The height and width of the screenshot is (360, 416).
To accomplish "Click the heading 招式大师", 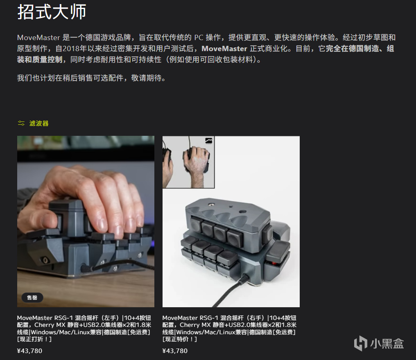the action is click(52, 12).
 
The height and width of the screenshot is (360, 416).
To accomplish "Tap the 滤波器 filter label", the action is click(39, 123).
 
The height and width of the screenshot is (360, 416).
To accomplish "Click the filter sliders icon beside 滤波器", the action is click(21, 123).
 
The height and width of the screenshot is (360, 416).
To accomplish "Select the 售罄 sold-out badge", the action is click(32, 298).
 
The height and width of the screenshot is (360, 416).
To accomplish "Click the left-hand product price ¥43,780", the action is click(29, 351).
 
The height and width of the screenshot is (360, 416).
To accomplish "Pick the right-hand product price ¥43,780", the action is click(175, 351).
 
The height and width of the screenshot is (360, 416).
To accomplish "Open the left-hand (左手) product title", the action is click(84, 328).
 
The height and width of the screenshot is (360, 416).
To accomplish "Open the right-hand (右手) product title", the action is click(229, 328).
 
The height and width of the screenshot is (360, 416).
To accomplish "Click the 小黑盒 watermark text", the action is click(387, 344).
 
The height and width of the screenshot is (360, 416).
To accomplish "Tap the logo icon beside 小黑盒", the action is click(361, 343).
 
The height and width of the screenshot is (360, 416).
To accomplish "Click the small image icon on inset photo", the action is click(209, 141).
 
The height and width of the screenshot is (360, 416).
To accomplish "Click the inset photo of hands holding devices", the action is click(188, 162).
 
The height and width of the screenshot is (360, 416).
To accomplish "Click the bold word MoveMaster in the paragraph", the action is click(224, 49).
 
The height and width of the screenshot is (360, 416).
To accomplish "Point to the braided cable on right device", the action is click(233, 291).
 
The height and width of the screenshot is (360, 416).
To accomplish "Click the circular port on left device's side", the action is click(45, 260).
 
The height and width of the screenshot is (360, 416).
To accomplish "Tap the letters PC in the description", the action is click(199, 38).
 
